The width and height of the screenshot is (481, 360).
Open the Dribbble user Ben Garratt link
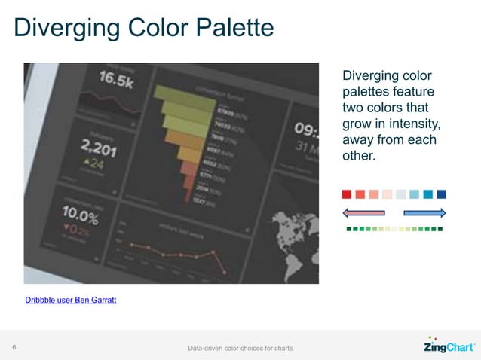tap(71, 301)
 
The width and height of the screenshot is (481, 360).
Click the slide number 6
tap(14, 348)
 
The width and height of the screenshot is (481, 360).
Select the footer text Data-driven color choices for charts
tap(240, 348)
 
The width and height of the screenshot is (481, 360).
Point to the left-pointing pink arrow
tap(364, 213)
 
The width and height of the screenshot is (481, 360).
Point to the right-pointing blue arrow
tap(425, 213)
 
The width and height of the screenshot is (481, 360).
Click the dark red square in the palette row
tap(347, 194)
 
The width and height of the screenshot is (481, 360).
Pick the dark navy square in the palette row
tap(442, 194)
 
